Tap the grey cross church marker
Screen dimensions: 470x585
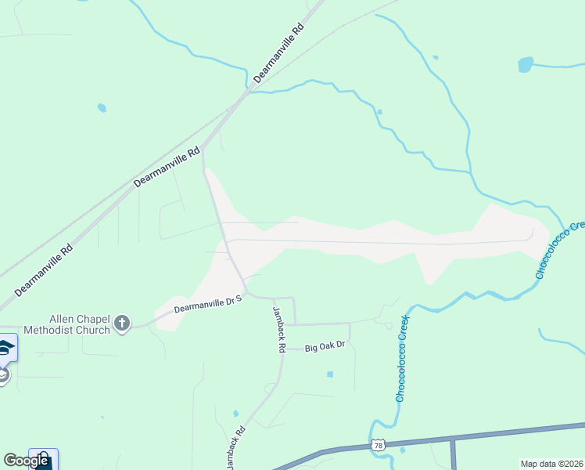point(121,323)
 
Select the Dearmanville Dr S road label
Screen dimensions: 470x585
point(209,303)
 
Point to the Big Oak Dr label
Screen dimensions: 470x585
point(325,345)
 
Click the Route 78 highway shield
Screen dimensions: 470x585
point(379,445)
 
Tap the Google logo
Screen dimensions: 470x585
point(26,461)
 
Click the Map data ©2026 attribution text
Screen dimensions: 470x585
point(552,464)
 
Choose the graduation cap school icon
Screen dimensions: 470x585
point(5,348)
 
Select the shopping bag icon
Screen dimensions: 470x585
point(43,459)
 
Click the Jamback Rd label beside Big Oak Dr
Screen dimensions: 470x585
point(278,329)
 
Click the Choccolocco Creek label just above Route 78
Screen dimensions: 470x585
point(402,360)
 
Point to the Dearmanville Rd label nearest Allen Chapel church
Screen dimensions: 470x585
point(44,269)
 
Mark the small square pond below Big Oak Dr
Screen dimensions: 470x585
point(330,374)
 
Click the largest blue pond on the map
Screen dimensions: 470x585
point(526,63)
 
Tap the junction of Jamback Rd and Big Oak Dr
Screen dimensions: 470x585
point(282,349)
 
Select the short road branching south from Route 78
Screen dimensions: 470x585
point(453,454)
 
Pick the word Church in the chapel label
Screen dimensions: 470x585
point(97,329)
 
